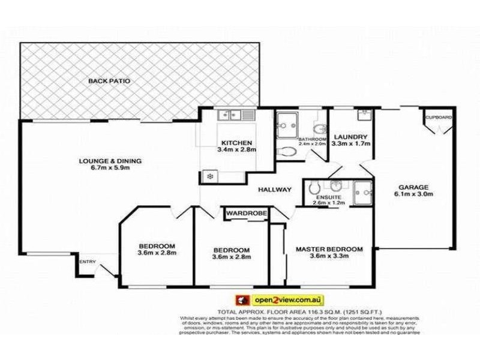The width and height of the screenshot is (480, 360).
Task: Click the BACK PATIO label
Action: pyautogui.click(x=109, y=80)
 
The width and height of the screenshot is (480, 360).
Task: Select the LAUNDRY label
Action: pyautogui.click(x=351, y=136)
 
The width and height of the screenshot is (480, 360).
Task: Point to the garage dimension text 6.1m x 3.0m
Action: pyautogui.click(x=413, y=194)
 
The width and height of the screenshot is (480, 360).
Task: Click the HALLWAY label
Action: pyautogui.click(x=275, y=190)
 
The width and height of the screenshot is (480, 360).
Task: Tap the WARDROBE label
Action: pyautogui.click(x=246, y=212)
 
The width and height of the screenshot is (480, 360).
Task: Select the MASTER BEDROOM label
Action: pyautogui.click(x=329, y=249)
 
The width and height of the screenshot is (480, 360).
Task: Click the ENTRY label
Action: pyautogui.click(x=88, y=261)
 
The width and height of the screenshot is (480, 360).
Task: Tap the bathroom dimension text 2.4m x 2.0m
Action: pyautogui.click(x=311, y=144)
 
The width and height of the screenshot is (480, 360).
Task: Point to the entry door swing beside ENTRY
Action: pyautogui.click(x=109, y=270)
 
